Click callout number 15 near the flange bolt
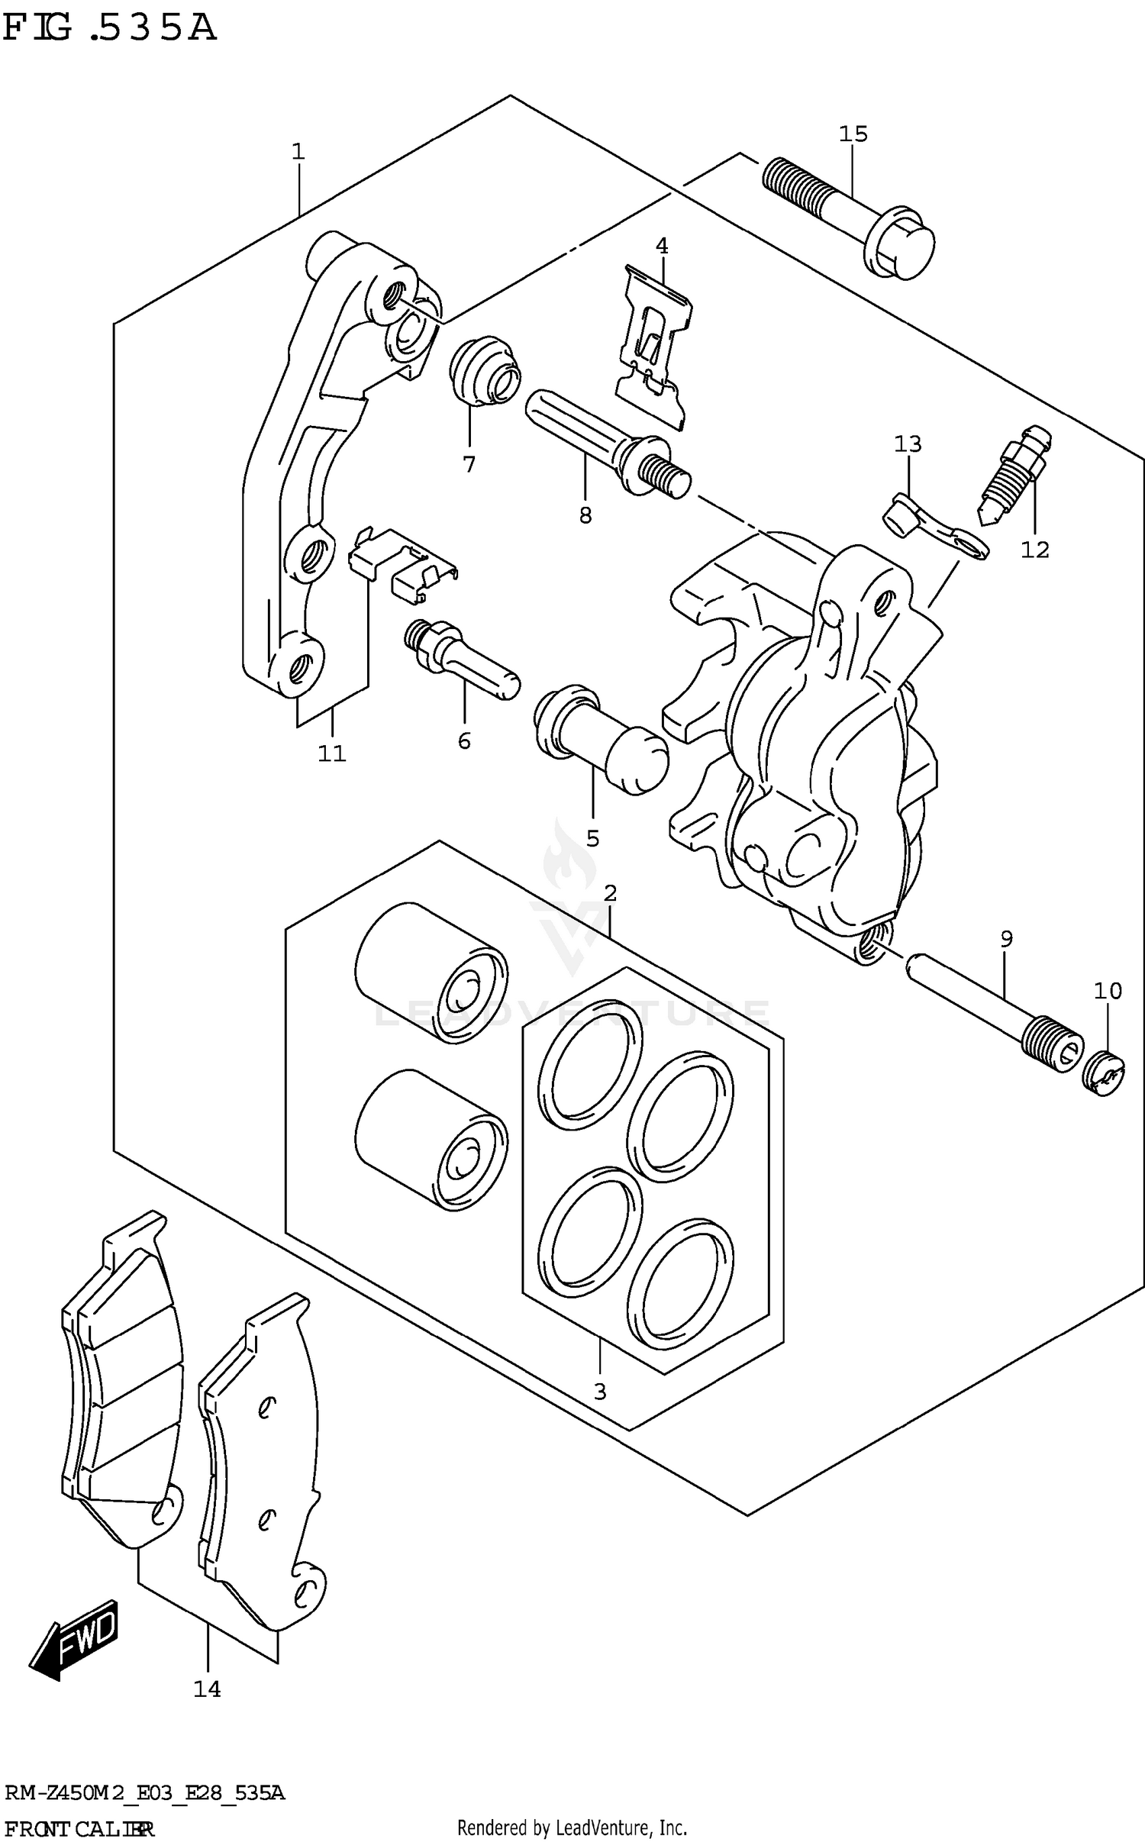(853, 134)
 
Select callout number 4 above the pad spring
(662, 246)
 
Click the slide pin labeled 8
(603, 443)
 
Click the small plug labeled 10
(1103, 1073)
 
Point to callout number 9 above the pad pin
(1006, 939)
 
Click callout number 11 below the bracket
(332, 753)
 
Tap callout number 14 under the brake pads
(207, 1689)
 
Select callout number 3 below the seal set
(600, 1392)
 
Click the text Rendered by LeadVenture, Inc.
(572, 1827)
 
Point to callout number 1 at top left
(298, 151)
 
